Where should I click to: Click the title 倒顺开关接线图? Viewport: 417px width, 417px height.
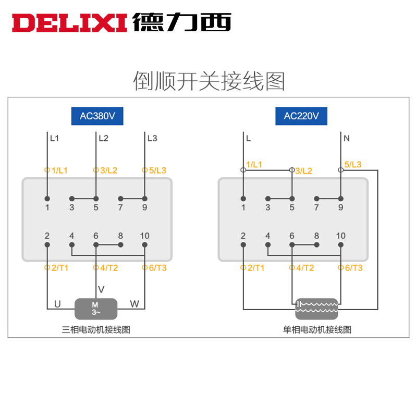tap(208, 81)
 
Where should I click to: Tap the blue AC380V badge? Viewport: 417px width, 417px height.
tap(97, 116)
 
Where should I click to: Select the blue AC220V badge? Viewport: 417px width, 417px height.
tap(301, 116)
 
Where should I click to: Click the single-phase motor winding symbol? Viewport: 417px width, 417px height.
tap(316, 309)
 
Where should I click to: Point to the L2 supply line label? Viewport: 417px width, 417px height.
tap(103, 139)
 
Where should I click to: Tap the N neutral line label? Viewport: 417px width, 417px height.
tap(347, 139)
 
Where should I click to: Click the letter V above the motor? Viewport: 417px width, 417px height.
tap(101, 289)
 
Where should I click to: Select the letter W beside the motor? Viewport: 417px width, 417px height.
tap(134, 303)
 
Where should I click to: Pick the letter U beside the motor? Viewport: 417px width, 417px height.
tap(57, 303)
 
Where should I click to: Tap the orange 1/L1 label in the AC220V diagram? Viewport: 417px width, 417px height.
tap(254, 165)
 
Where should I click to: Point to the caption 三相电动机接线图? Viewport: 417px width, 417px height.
tap(95, 329)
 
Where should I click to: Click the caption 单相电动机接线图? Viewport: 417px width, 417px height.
tap(317, 329)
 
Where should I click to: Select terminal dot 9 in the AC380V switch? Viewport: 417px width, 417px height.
tap(144, 199)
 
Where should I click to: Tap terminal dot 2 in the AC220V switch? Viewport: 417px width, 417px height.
tap(243, 244)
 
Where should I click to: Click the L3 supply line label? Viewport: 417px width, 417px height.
tap(152, 139)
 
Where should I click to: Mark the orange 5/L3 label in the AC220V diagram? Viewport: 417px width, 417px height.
tap(353, 165)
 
